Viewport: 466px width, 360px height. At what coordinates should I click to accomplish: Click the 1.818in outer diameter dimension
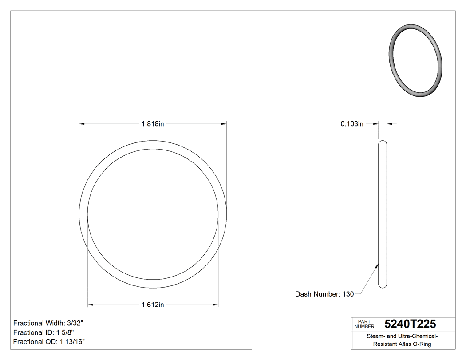(153, 124)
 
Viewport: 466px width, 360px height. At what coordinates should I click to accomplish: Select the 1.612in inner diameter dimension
(153, 305)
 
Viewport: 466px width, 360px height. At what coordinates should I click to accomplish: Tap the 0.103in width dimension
(352, 124)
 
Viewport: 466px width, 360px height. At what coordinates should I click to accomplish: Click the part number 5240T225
(410, 324)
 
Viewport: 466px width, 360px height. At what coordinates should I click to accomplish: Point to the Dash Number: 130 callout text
(324, 294)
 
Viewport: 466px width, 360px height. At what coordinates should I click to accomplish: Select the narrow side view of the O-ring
(383, 214)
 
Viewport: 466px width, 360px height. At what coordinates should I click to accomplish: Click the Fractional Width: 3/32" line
(48, 323)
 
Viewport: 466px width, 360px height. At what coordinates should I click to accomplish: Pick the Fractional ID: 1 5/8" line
(43, 332)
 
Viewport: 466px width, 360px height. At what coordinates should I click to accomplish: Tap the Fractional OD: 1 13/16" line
(49, 342)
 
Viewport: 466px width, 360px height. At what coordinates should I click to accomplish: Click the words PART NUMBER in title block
(364, 324)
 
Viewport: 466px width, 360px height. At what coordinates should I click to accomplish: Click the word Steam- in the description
(375, 336)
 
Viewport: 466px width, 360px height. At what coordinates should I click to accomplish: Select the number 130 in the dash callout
(348, 294)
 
